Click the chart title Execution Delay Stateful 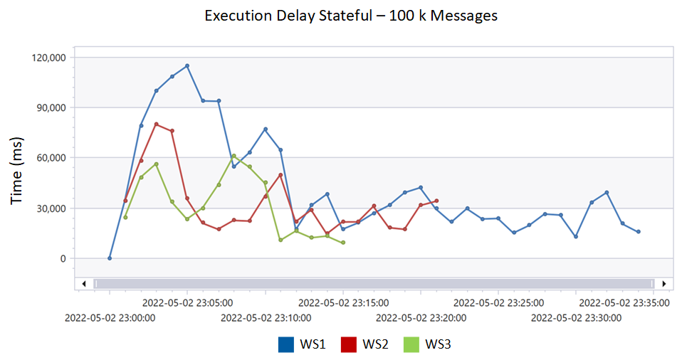click(351, 16)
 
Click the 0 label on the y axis click(63, 258)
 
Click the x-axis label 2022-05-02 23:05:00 click(187, 302)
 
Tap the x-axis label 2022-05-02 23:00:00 click(110, 317)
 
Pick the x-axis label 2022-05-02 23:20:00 click(421, 317)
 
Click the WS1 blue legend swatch click(287, 344)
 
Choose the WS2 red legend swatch click(350, 344)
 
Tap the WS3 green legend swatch click(412, 344)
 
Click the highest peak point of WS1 click(187, 65)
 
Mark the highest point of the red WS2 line click(156, 124)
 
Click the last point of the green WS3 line click(343, 243)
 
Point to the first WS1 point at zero click(110, 258)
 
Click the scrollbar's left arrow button click(84, 283)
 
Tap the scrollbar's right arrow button click(663, 283)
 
